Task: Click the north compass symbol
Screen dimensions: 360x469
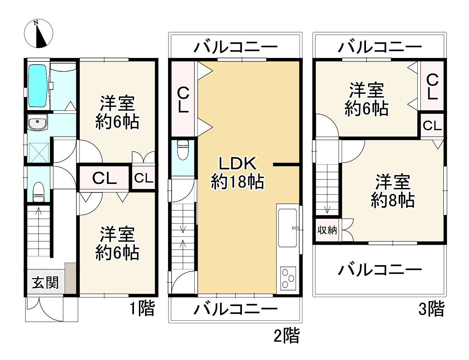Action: tap(39, 34)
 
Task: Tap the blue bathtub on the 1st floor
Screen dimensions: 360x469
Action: tap(37, 86)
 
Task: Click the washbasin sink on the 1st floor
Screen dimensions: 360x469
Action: tap(37, 124)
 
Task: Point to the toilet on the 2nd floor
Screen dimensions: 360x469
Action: tap(183, 150)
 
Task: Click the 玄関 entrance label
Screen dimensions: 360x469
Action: tap(45, 282)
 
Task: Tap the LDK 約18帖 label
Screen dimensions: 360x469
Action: tap(237, 172)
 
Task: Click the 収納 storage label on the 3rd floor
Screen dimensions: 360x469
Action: tap(327, 230)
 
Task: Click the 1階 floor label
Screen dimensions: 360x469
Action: tap(142, 309)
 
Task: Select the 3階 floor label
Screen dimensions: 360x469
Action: tap(431, 309)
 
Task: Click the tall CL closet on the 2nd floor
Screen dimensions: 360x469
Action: tap(183, 99)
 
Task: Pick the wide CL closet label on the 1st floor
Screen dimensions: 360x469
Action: tap(104, 178)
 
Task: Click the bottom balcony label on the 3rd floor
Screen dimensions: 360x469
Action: tap(380, 270)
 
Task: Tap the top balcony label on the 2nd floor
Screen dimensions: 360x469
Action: tap(236, 47)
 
